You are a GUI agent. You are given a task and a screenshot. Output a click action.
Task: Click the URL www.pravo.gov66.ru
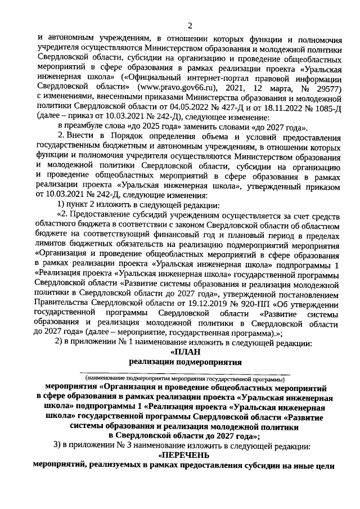(175, 88)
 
